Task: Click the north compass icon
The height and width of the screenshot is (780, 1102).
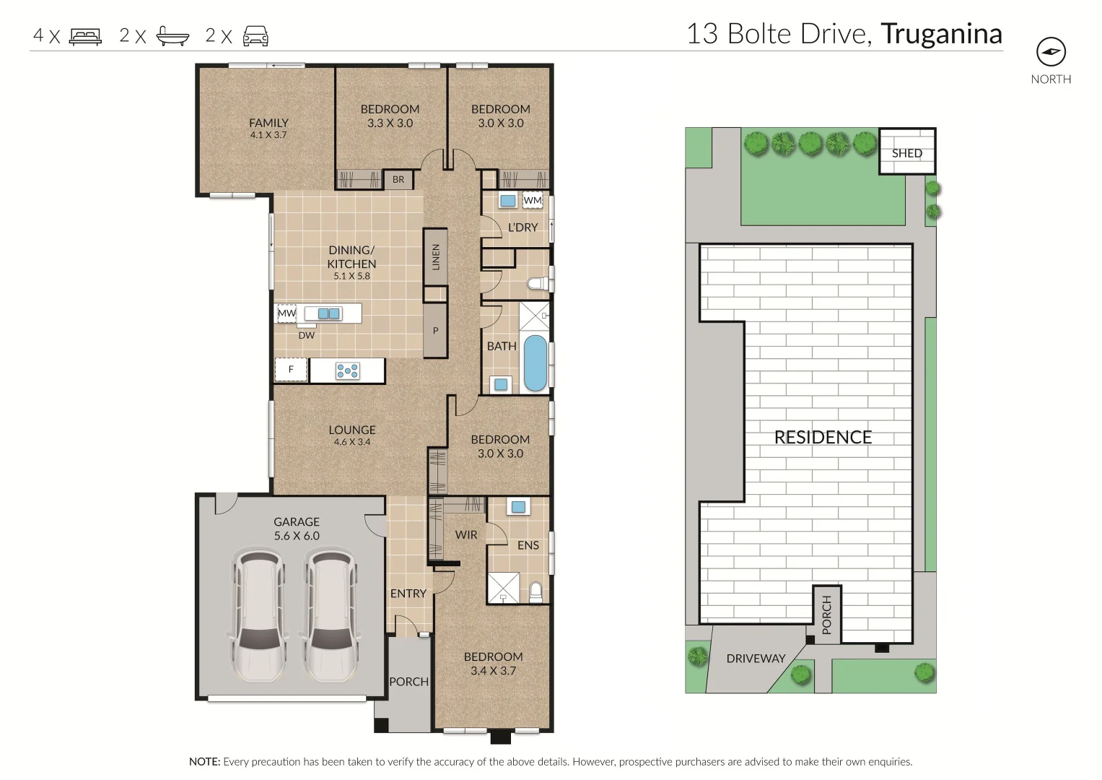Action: [x=1051, y=52]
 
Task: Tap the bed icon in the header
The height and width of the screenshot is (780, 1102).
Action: [x=85, y=36]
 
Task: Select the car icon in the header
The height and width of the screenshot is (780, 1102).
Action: [x=255, y=36]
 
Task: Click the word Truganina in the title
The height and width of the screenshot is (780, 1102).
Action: [x=941, y=34]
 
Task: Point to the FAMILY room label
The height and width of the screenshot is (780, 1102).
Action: [x=268, y=123]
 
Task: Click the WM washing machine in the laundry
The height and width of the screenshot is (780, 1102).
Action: [x=533, y=200]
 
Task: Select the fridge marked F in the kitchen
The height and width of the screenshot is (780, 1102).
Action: [x=291, y=370]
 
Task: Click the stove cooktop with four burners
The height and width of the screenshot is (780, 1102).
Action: [x=347, y=371]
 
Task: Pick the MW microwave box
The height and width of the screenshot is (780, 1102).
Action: [x=287, y=313]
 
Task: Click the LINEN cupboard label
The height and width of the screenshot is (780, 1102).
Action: [x=435, y=257]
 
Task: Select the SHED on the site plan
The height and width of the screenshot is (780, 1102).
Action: [x=906, y=152]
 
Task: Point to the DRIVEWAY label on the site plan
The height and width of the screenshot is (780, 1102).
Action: [x=756, y=659]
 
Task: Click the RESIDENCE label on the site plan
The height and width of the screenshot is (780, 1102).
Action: [x=823, y=438]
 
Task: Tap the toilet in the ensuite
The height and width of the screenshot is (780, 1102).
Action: [x=535, y=592]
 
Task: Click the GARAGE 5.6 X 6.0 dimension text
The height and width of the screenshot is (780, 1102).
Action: [x=297, y=536]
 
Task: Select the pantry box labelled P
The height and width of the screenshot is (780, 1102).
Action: [x=435, y=331]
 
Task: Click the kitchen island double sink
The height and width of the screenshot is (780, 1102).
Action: [x=329, y=313]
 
